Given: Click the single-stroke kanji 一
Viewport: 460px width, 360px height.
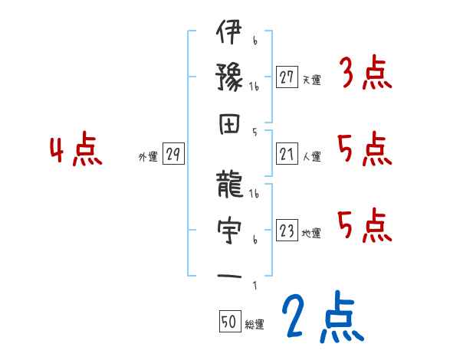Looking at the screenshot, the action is (x=229, y=275).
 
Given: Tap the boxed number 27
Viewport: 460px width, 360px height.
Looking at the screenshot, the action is (x=287, y=77).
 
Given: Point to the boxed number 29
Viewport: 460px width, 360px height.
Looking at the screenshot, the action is (x=173, y=155).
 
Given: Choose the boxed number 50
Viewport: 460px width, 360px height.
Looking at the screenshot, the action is (x=229, y=322).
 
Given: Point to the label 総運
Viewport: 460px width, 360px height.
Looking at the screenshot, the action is (x=255, y=325).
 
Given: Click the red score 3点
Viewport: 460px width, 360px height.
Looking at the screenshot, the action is (x=365, y=74).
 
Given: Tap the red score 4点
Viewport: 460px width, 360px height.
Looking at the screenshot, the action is (x=77, y=150).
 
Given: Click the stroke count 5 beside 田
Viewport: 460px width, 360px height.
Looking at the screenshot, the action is (x=254, y=131).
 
